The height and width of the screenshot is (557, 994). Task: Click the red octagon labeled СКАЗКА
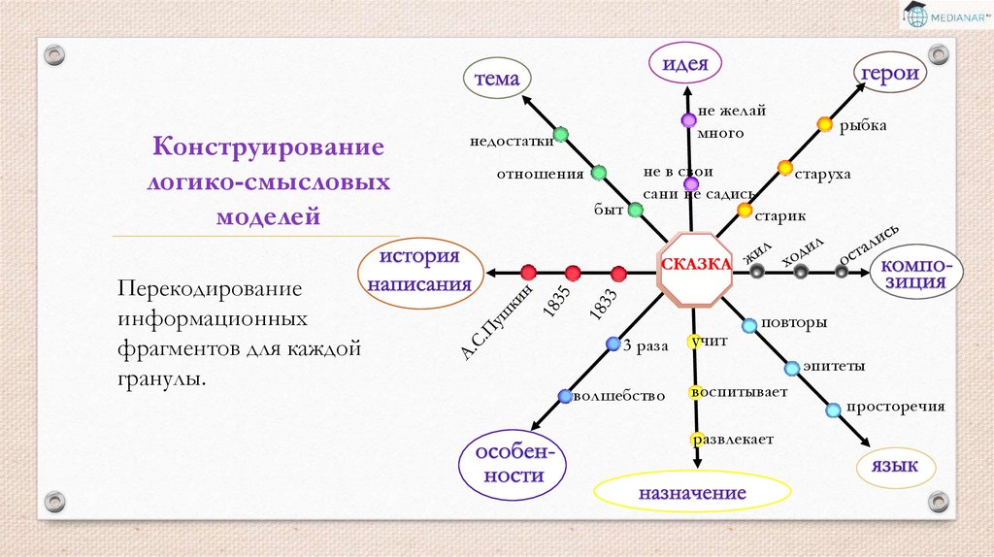pyautogui.click(x=695, y=266)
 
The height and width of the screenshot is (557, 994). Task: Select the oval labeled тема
pyautogui.click(x=497, y=80)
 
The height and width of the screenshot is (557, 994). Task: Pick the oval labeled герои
pyautogui.click(x=888, y=75)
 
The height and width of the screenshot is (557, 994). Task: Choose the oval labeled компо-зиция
pyautogui.click(x=917, y=274)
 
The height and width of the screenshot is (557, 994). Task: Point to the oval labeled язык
pyautogui.click(x=895, y=468)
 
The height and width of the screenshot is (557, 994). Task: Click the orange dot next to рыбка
pyautogui.click(x=825, y=123)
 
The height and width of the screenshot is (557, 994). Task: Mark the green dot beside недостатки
pyautogui.click(x=560, y=134)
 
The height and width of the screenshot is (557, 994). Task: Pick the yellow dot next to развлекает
pyautogui.click(x=695, y=439)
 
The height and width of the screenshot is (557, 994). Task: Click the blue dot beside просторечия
pyautogui.click(x=833, y=410)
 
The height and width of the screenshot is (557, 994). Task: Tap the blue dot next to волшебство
pyautogui.click(x=565, y=396)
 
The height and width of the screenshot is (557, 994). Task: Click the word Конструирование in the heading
pyautogui.click(x=267, y=148)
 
